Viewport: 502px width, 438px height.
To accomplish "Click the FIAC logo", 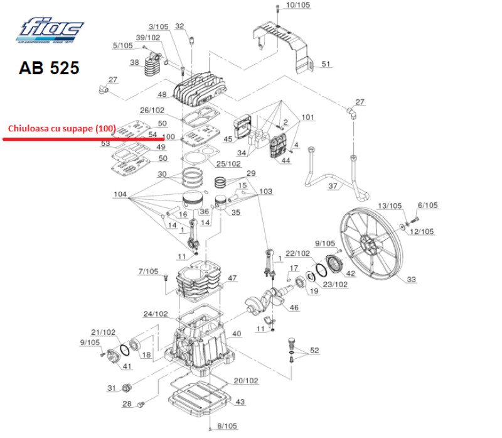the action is tap(50, 30).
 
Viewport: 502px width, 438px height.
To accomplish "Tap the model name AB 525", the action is tap(49, 68).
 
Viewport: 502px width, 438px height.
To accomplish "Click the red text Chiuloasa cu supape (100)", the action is tap(61, 128).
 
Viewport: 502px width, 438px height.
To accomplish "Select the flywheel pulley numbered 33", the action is tap(371, 244).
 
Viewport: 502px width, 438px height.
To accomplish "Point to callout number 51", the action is tap(326, 64).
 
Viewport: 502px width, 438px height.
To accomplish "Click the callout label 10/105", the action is tap(298, 5).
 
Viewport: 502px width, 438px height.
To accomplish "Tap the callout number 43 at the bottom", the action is tap(240, 402).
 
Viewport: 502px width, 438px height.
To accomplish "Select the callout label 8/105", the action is tap(227, 426).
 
